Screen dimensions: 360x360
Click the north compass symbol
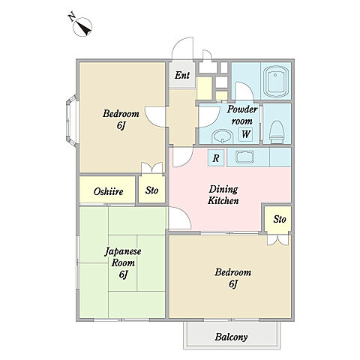[82, 27]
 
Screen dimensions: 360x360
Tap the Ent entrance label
[182, 75]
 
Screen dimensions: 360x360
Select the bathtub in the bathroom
[276, 82]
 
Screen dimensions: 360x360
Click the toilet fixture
[277, 132]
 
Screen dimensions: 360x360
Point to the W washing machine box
[246, 134]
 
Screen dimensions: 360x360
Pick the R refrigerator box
[216, 157]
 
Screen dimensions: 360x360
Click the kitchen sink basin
[245, 157]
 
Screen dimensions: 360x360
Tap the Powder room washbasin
[223, 136]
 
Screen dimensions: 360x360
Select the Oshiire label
[108, 192]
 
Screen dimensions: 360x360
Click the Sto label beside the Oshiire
[151, 190]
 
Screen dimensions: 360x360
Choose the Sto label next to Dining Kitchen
[280, 219]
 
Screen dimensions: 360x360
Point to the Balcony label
[231, 337]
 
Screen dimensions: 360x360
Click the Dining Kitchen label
[223, 195]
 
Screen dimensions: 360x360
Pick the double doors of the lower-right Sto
[277, 240]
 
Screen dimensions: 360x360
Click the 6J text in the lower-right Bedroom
[232, 284]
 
